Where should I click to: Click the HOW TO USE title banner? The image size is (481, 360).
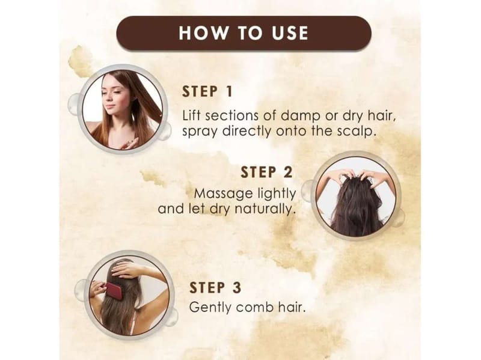pos(244,33)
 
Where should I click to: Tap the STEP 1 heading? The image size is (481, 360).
pos(207,92)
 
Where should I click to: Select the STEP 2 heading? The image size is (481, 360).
pos(266,172)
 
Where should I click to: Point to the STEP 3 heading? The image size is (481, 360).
pos(215,288)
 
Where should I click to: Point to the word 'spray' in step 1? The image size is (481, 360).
pos(200,132)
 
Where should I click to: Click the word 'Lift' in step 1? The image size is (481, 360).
pos(191,115)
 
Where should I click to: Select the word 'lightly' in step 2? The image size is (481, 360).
pos(277,194)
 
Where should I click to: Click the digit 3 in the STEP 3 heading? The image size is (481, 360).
pos(237,288)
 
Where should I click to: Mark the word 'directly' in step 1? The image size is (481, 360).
pos(247,132)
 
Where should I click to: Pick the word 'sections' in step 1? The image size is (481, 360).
pos(232,115)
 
